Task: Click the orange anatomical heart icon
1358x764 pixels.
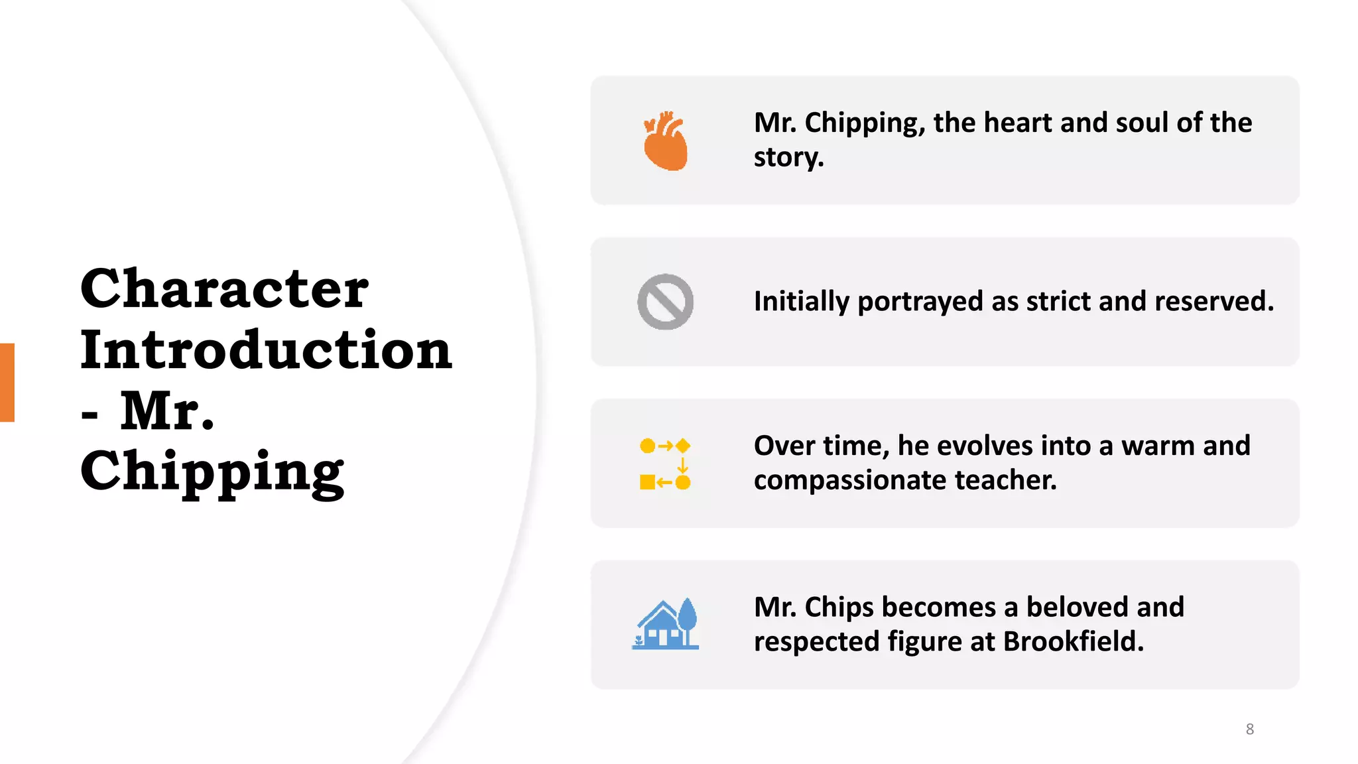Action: coord(665,141)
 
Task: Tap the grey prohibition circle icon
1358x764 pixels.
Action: coord(665,302)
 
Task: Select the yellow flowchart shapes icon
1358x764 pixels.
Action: coord(665,464)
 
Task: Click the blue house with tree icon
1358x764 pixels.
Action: coord(665,624)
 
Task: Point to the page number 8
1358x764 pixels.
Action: coord(1249,729)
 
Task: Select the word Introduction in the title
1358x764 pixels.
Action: coord(266,350)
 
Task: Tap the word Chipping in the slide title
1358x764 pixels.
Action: coord(212,472)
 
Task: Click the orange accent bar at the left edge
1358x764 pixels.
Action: coord(7,382)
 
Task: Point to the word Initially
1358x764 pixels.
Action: coord(801,302)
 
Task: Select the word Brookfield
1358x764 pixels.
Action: coord(1073,642)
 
